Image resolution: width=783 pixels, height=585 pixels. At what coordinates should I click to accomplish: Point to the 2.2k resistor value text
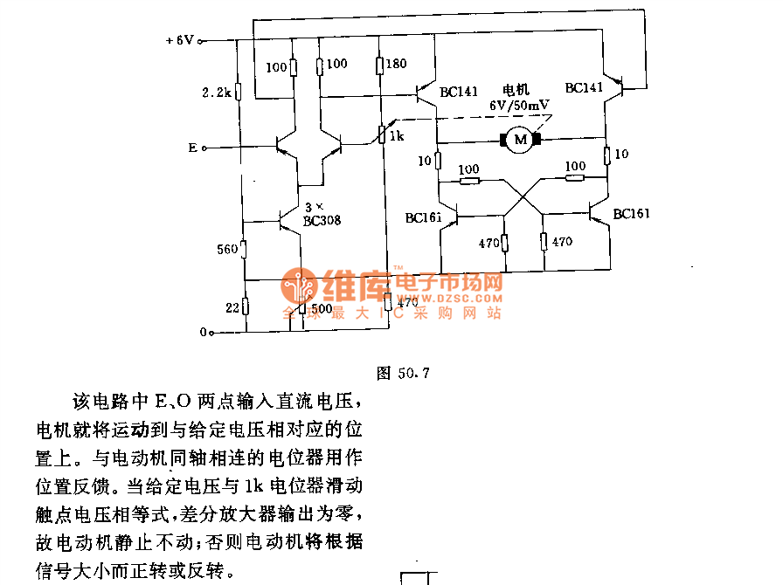pyautogui.click(x=215, y=92)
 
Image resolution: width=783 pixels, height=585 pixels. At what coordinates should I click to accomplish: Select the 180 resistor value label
pyautogui.click(x=396, y=65)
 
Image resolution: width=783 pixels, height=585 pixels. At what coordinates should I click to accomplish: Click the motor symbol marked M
pyautogui.click(x=520, y=139)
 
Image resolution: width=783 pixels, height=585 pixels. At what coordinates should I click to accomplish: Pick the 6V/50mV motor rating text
pyautogui.click(x=520, y=106)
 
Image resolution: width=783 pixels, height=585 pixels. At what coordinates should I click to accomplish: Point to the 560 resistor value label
pyautogui.click(x=225, y=251)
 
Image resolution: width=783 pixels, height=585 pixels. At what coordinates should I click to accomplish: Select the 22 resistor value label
pyautogui.click(x=232, y=306)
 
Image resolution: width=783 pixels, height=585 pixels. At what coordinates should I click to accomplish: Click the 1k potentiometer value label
pyautogui.click(x=397, y=137)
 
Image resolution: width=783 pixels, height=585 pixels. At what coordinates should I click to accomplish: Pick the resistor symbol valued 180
pyautogui.click(x=379, y=65)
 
